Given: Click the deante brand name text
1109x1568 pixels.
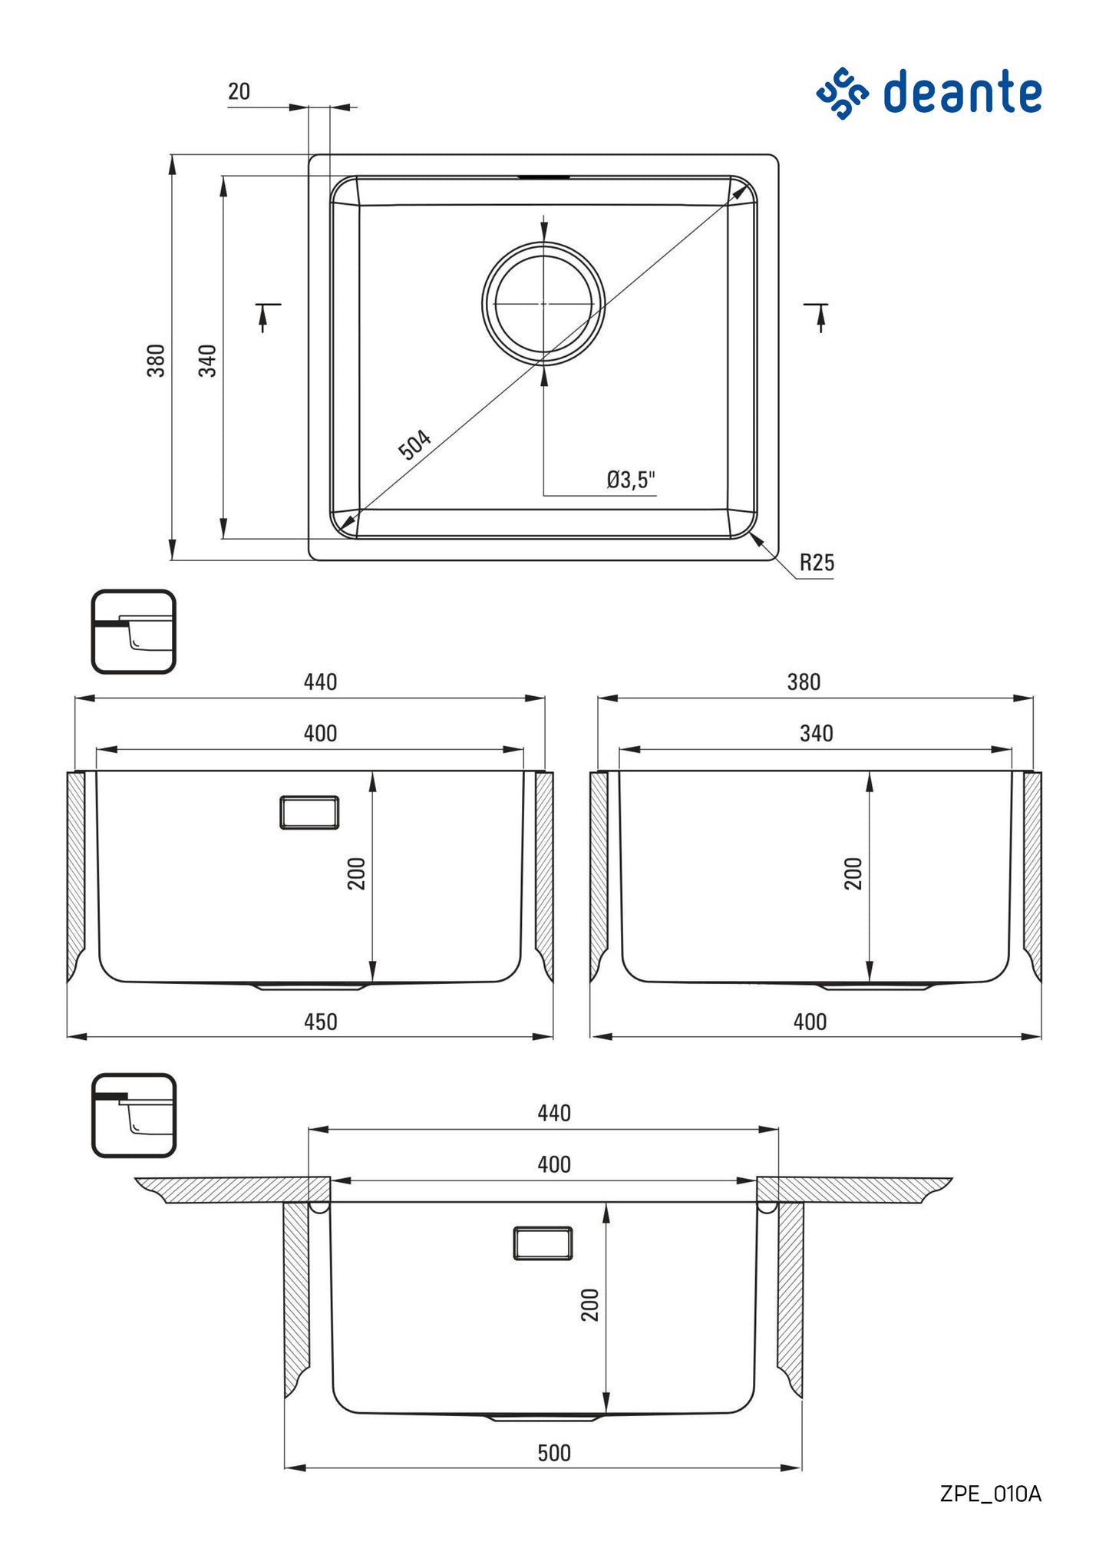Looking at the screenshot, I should click(962, 92).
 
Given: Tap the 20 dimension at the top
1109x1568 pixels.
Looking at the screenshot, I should click(239, 92).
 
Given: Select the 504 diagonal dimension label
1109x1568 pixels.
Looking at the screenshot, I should click(414, 444).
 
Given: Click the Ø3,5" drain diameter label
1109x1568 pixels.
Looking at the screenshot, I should click(630, 480).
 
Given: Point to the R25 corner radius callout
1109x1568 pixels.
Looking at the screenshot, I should click(816, 563).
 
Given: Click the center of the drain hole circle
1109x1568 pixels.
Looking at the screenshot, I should click(543, 304).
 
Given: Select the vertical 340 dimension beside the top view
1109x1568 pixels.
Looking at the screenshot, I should click(207, 360).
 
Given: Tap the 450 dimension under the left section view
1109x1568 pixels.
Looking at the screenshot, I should click(320, 1022).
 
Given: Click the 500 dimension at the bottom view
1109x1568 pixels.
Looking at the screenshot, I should click(553, 1453).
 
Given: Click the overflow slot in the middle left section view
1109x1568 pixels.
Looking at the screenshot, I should click(309, 812).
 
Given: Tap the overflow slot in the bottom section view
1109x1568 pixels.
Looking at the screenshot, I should click(543, 1243).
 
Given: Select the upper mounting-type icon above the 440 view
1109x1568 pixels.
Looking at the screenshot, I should click(134, 632).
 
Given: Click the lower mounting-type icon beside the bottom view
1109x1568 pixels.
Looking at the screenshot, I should click(134, 1114).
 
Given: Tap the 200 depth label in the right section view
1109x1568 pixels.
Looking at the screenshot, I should click(853, 873).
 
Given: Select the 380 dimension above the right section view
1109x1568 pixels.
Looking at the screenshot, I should click(804, 682).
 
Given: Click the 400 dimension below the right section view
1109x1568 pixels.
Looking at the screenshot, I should click(810, 1022).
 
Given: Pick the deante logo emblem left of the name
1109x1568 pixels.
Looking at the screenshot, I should click(842, 93).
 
